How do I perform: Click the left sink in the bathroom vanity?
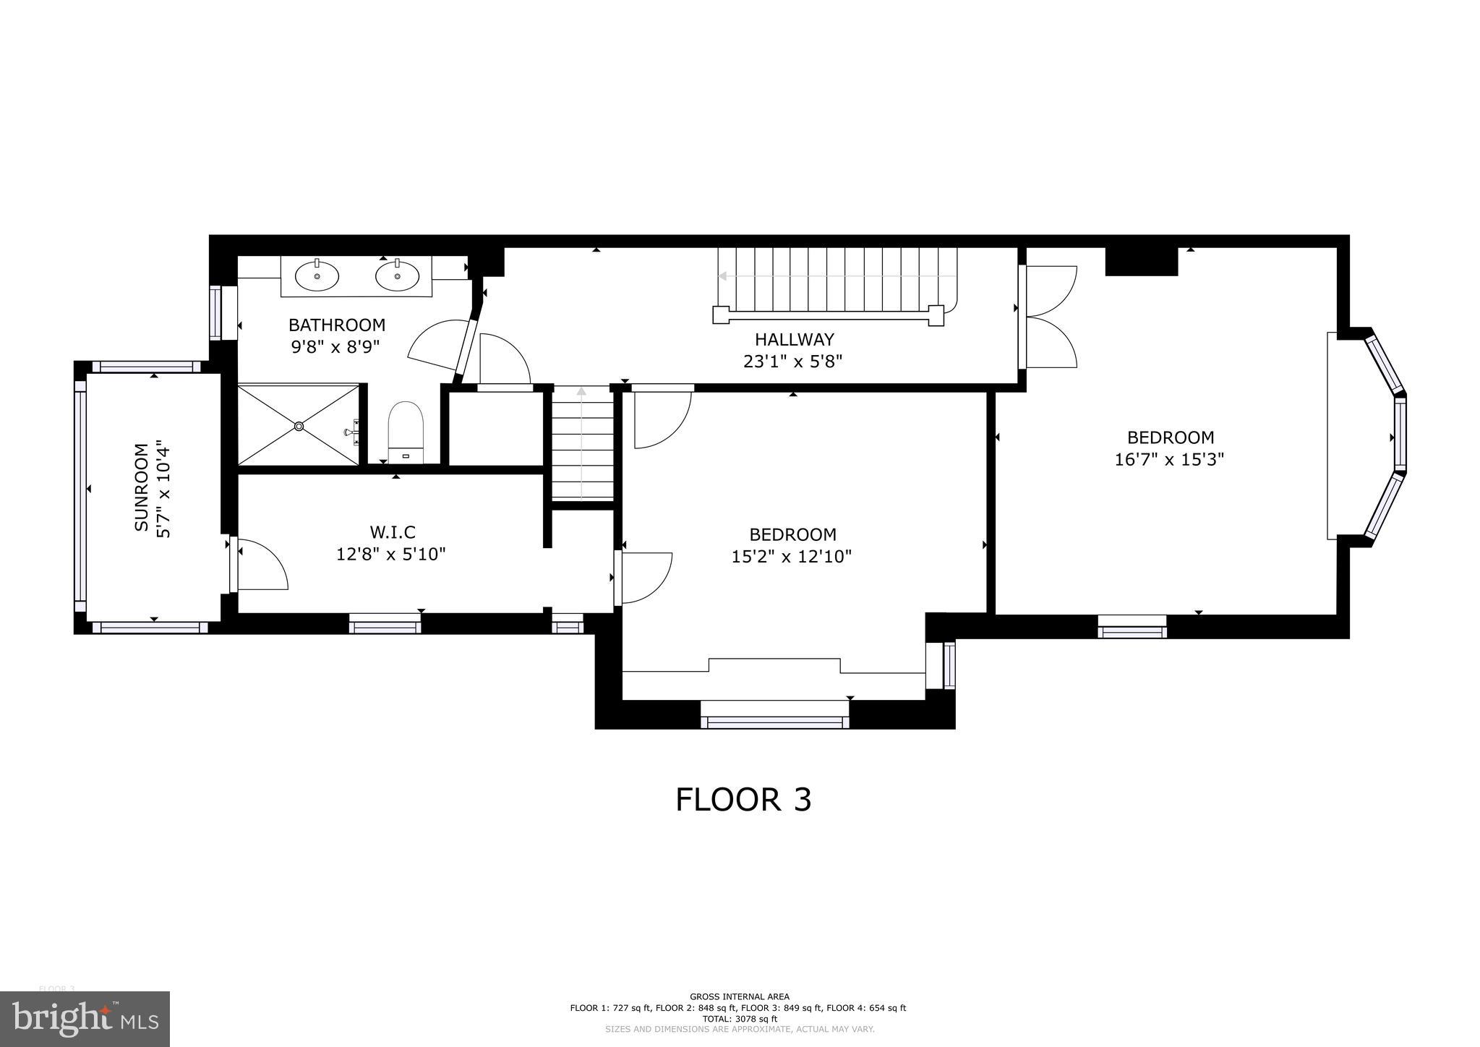coord(317,275)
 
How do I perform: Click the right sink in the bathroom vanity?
coord(397,275)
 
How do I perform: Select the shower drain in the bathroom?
coord(299,427)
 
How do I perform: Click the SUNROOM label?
coord(142,487)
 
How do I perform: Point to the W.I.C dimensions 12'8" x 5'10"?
coord(391,555)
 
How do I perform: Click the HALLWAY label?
coord(794,339)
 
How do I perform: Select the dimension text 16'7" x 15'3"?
coord(1169,459)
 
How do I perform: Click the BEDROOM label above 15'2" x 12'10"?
coord(792,534)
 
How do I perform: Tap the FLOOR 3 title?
coord(743,800)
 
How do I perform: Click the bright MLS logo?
coord(85,1019)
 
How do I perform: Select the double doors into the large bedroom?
coord(1051,316)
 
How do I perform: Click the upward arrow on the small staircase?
coord(581,393)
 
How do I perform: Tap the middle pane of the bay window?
coord(1400,434)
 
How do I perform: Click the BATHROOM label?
coord(336,325)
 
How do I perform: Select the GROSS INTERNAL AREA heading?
coord(739,996)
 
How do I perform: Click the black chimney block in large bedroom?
coord(1141,261)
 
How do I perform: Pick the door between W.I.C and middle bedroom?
coord(646,577)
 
